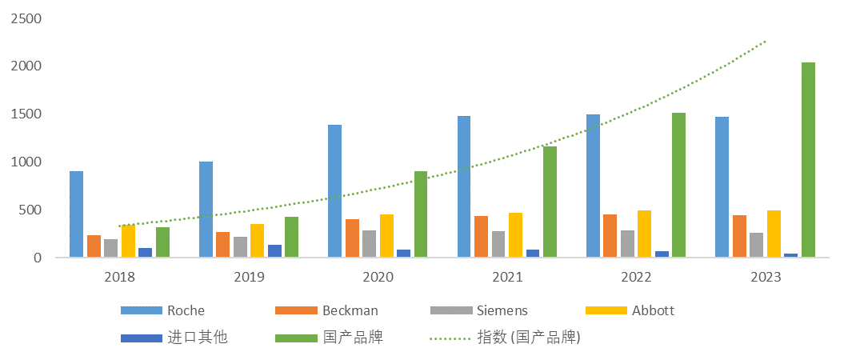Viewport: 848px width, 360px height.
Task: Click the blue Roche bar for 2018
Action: [x=76, y=214]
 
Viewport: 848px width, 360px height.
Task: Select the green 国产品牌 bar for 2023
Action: [x=808, y=160]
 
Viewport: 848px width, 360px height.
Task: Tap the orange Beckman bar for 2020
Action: [x=352, y=238]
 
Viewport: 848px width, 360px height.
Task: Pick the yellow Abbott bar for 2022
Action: [x=644, y=234]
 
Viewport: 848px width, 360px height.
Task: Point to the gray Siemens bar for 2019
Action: [x=240, y=247]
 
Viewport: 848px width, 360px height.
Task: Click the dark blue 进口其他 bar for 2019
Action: [x=274, y=251]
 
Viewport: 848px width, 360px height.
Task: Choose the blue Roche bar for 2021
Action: [x=464, y=186]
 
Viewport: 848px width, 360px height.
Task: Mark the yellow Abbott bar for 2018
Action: [x=128, y=241]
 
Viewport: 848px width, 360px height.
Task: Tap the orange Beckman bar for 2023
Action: [x=739, y=237]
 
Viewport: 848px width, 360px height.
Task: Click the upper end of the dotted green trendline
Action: [x=766, y=40]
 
